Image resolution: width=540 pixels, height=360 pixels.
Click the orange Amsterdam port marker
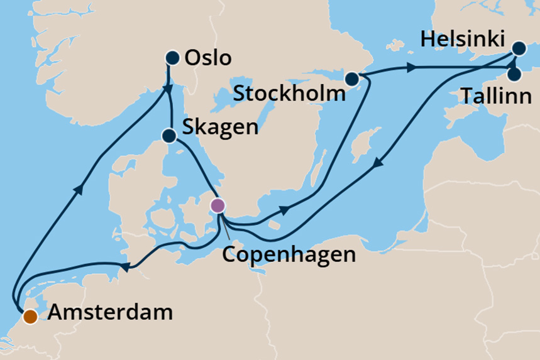pos(30,317)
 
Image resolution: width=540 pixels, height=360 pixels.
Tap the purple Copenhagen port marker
pos(218,205)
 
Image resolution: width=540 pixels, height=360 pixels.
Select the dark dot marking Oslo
pos(172,58)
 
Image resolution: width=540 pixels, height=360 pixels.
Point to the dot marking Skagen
pos(168,136)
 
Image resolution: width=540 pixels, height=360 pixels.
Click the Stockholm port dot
pos(351,79)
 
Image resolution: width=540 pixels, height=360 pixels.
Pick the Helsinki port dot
pos(519,48)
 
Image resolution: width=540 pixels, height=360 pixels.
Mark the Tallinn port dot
pos(514,75)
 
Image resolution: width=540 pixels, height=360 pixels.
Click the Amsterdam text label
pos(111,312)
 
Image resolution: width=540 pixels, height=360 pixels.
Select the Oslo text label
pos(209,58)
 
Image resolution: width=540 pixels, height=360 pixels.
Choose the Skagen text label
pos(219,127)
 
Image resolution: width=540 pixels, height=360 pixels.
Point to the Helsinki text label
pos(463,39)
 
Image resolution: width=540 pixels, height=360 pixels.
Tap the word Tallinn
pos(496,97)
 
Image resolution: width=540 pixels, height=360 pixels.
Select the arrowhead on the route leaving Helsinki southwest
pos(377,163)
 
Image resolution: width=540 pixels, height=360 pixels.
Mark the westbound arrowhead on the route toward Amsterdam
pos(124,268)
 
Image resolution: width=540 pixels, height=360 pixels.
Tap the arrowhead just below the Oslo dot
pos(169,88)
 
